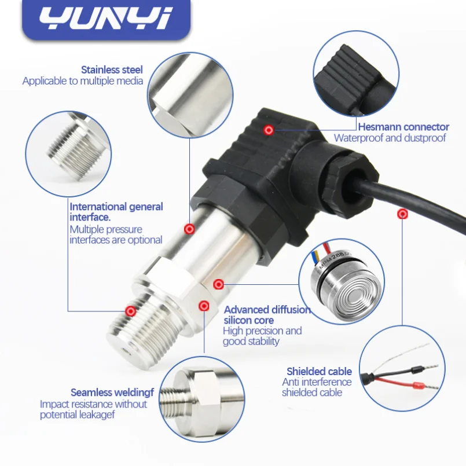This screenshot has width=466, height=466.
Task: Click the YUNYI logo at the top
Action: click(106, 19)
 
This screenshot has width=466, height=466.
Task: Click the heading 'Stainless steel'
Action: click(112, 70)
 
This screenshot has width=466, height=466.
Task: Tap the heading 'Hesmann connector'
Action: click(403, 127)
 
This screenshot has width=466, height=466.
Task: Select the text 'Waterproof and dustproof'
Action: click(390, 138)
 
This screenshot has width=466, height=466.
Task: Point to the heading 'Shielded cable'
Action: click(319, 372)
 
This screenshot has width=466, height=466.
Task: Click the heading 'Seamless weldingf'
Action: click(112, 392)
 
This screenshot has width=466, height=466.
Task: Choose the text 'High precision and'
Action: click(262, 331)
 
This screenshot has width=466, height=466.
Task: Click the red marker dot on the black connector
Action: click(269, 130)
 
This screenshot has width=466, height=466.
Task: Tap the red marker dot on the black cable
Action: click(402, 214)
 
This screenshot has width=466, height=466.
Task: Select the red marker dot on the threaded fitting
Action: click(130, 311)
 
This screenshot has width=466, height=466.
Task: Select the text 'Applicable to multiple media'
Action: click(83, 81)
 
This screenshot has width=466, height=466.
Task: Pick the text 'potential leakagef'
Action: click(77, 415)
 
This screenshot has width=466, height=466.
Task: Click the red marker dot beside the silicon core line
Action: click(218, 284)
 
